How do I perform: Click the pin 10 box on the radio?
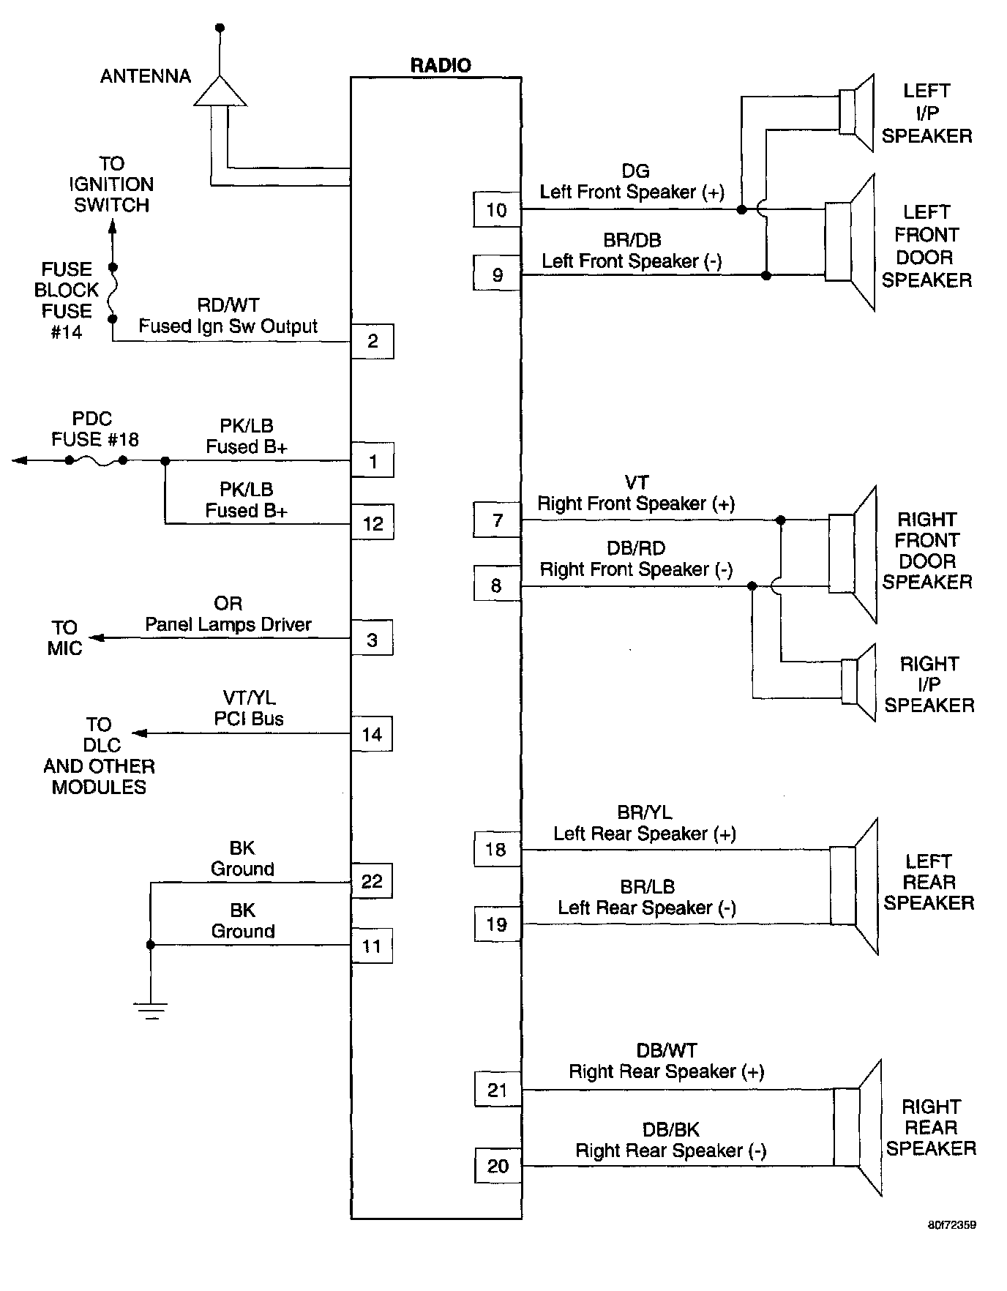(x=497, y=210)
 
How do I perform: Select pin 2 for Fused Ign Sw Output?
(x=373, y=341)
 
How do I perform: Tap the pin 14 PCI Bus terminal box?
(x=372, y=734)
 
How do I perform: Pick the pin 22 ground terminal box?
(x=372, y=881)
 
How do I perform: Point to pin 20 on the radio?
(x=498, y=1166)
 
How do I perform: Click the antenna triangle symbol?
(x=220, y=91)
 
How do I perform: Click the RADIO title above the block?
(x=441, y=65)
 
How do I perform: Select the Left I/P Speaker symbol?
(x=856, y=113)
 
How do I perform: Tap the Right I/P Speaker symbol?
(x=858, y=681)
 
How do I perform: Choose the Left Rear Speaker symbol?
(x=854, y=886)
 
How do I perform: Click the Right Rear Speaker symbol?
(x=857, y=1127)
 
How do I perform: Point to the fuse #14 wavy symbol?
(x=112, y=293)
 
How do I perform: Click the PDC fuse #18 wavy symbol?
(x=96, y=460)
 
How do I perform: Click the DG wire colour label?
(x=635, y=171)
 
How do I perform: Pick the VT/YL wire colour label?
(x=250, y=698)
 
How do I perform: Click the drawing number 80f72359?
(x=951, y=1224)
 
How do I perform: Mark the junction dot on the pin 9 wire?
(x=766, y=276)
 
